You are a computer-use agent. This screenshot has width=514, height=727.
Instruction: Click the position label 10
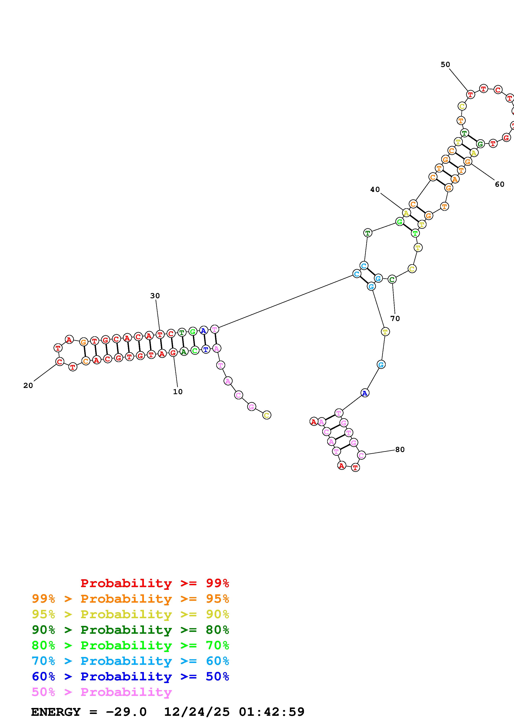click(178, 392)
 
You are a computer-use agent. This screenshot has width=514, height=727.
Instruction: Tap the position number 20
click(28, 385)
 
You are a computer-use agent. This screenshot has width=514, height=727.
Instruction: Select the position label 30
click(155, 296)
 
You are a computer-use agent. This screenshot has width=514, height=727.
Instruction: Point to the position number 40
click(375, 189)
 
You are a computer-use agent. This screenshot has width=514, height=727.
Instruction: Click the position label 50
click(445, 65)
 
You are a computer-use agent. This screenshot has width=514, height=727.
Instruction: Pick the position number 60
click(499, 184)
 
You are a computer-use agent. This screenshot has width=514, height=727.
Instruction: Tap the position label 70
click(395, 319)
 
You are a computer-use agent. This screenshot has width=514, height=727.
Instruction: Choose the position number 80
click(400, 450)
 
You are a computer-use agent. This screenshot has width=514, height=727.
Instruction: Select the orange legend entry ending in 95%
click(130, 599)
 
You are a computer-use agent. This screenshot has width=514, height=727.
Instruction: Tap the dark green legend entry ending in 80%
click(130, 630)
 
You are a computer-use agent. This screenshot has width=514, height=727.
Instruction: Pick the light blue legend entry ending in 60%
click(130, 661)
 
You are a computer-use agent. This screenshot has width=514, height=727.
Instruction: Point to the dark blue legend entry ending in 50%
click(130, 676)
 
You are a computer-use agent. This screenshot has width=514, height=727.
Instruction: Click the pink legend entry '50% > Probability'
click(102, 692)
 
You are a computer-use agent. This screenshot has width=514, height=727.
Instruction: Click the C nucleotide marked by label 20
click(60, 362)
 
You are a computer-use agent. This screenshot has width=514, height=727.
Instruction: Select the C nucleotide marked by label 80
click(361, 455)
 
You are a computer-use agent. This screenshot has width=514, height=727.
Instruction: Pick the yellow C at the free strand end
click(267, 415)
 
